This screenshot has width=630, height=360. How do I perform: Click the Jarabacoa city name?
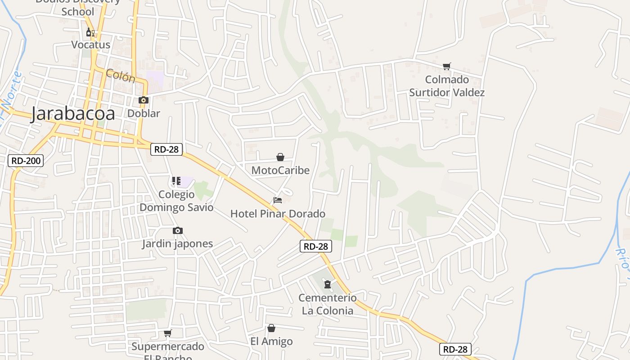tap(72, 114)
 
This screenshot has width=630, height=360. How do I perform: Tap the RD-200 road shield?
tap(26, 160)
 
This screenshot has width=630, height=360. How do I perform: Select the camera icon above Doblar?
tap(144, 100)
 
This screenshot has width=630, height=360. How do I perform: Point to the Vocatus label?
tap(90, 45)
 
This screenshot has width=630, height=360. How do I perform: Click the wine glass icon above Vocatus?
tap(90, 32)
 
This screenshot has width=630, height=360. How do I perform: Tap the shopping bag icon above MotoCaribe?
tap(280, 157)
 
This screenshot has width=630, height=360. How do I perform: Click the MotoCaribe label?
tap(280, 170)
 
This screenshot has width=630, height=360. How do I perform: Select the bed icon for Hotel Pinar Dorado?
tap(278, 200)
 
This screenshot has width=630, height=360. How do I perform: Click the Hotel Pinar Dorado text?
tap(278, 213)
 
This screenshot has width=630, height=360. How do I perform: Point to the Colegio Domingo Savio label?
tap(176, 201)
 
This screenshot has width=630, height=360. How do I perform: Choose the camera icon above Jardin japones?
tap(178, 230)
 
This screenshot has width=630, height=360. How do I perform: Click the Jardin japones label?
tap(177, 243)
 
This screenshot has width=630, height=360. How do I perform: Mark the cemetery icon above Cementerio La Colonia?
tap(328, 284)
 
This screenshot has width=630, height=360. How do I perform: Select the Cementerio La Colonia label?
tap(328, 304)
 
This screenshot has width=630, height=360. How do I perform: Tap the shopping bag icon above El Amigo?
tap(271, 328)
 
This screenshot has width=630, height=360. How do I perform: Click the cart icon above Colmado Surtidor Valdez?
tap(447, 67)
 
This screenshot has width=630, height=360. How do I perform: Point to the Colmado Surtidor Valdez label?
tap(447, 86)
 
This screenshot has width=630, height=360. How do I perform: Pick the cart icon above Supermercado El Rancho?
tap(168, 333)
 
